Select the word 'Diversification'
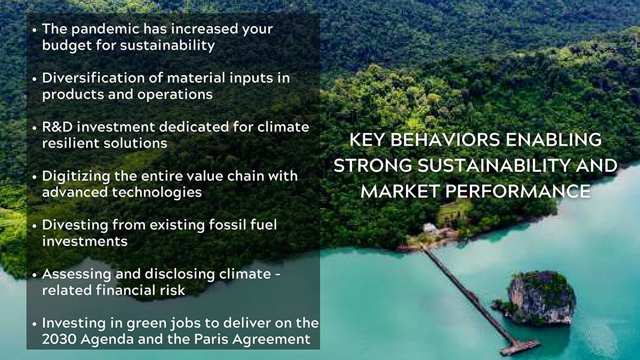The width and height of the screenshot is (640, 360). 93,78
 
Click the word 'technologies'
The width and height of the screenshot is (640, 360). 157,193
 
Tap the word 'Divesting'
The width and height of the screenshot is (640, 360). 75,226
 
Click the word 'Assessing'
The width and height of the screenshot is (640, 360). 76,275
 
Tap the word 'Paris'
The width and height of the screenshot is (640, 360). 211,339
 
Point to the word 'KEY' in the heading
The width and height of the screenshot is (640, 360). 366,140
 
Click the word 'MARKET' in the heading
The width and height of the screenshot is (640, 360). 399,191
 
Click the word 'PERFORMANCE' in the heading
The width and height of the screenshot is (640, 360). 518,191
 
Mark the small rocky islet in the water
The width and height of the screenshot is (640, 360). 537,299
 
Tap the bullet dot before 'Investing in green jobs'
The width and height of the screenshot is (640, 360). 35,324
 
